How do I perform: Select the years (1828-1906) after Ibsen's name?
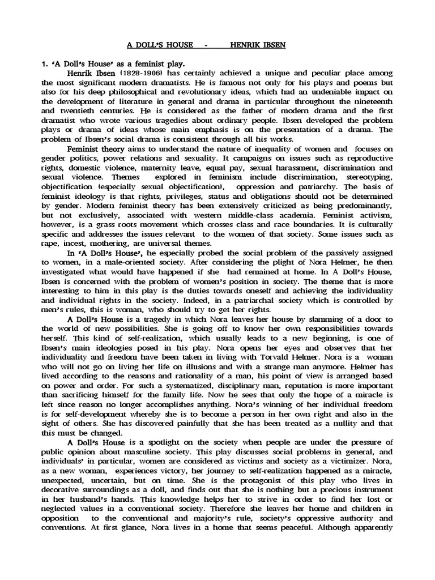pyautogui.click(x=129, y=74)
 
